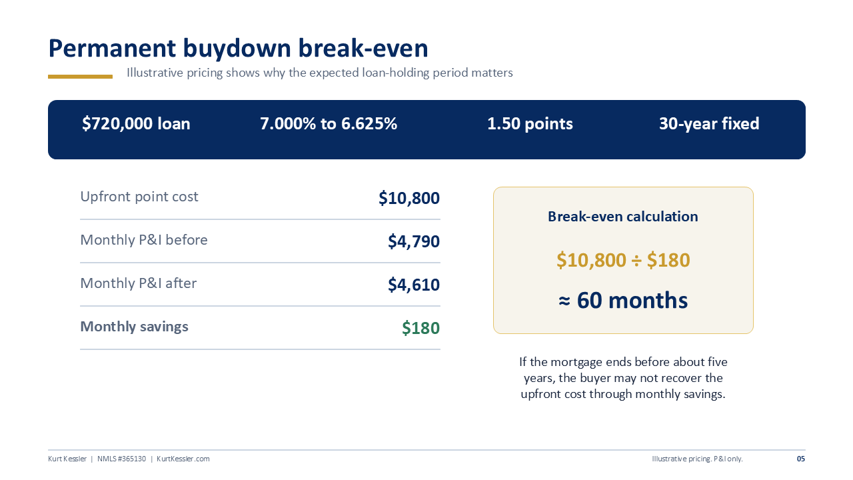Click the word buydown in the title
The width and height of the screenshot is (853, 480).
click(237, 49)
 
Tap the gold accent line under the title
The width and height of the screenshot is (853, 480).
click(80, 77)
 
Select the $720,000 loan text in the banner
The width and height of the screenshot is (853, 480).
click(136, 124)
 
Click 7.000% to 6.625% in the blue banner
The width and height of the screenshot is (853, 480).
click(329, 124)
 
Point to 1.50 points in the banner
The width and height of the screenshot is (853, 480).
click(530, 124)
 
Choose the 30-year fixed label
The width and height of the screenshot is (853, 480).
click(709, 124)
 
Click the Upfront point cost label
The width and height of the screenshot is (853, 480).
click(139, 197)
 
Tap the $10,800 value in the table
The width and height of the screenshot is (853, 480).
click(409, 198)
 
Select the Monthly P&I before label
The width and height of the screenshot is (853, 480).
click(143, 240)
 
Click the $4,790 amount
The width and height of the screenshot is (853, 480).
click(414, 241)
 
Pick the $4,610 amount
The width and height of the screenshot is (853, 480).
click(414, 285)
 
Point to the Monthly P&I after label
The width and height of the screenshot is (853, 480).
click(138, 283)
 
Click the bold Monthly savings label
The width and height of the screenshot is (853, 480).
click(134, 327)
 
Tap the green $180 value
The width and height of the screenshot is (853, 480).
click(421, 328)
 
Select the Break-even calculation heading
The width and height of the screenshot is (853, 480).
click(623, 217)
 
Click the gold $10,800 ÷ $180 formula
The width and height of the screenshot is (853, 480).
click(623, 260)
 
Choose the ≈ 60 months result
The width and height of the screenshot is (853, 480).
click(623, 300)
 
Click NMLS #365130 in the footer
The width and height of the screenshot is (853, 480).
click(121, 459)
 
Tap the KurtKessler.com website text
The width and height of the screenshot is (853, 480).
click(183, 459)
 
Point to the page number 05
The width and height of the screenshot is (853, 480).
click(801, 459)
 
